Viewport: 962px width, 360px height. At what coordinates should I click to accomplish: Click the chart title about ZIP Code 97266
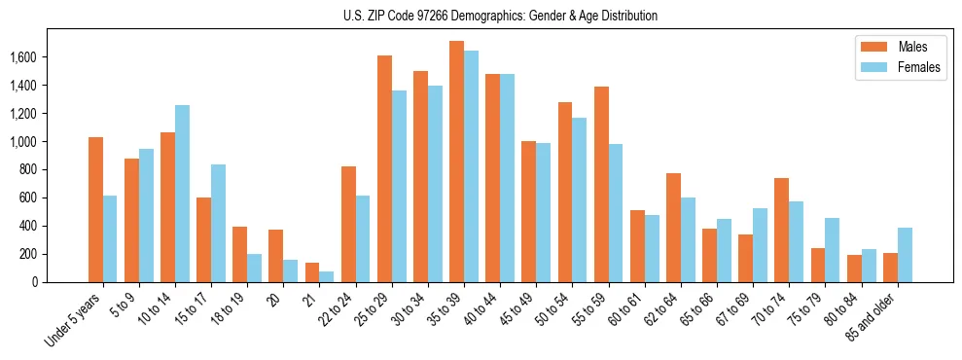[500, 16]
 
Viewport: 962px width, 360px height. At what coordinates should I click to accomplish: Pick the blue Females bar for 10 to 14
[182, 194]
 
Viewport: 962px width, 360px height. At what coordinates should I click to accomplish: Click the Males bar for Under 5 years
[95, 209]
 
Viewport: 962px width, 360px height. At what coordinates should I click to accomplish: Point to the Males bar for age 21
[312, 272]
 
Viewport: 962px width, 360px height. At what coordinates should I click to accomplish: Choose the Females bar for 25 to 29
[399, 186]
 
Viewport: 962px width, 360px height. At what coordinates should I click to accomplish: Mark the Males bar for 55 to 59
[600, 184]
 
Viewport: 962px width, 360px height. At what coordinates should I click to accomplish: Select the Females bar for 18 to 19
[255, 268]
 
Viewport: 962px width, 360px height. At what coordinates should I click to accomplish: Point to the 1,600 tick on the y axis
[51, 57]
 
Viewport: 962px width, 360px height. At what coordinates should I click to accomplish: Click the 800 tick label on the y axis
[56, 169]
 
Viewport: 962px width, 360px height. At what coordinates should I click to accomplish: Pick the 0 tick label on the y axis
[62, 282]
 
